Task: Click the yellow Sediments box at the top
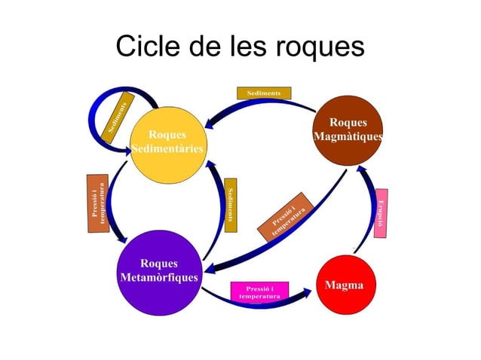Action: (x=263, y=93)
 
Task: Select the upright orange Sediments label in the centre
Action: (x=231, y=201)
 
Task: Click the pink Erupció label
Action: (x=382, y=213)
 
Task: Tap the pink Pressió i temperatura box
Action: (x=259, y=292)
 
